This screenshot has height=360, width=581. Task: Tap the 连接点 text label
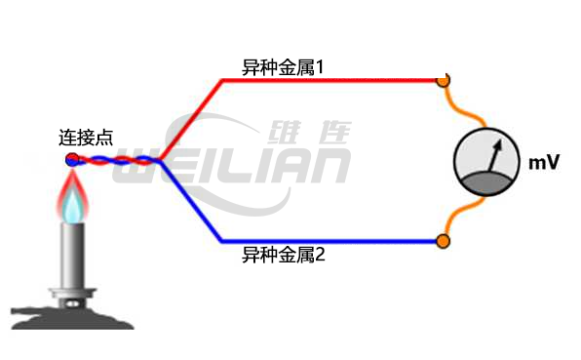tap(86, 138)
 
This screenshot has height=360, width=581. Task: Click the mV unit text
tap(543, 163)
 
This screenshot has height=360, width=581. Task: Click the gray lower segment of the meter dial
tap(486, 181)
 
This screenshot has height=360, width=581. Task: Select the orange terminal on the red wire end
tap(443, 81)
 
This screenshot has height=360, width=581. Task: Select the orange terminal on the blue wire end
tap(443, 240)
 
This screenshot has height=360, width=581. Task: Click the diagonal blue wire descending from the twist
tap(192, 202)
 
